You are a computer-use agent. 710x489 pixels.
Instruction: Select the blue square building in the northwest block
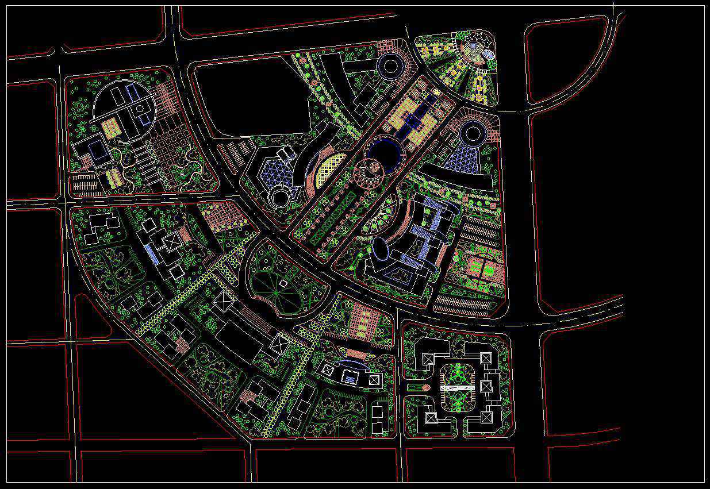(x=97, y=151)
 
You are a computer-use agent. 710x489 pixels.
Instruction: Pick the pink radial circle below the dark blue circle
(x=368, y=173)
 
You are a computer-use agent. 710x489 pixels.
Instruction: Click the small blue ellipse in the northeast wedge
(x=489, y=55)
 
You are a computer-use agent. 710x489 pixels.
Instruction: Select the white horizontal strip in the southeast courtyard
(x=457, y=389)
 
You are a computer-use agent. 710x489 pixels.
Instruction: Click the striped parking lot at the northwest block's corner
(x=85, y=185)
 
